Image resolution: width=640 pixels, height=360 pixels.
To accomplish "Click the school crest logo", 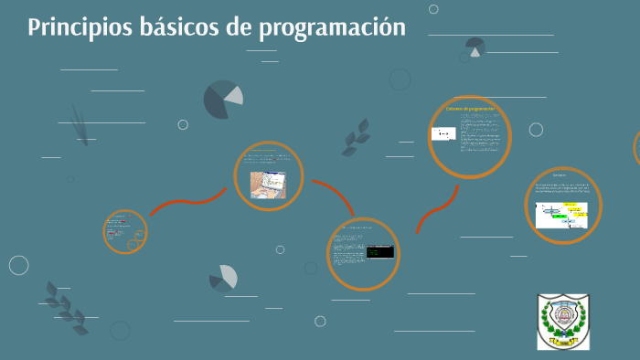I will [562, 322].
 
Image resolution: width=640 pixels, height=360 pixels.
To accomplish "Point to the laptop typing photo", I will [269, 185].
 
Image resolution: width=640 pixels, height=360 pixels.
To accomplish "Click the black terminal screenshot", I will [379, 250].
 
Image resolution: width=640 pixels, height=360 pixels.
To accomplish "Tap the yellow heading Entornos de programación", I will [469, 109].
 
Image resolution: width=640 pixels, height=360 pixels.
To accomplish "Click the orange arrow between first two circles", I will [187, 203].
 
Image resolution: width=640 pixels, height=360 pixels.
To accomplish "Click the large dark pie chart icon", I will [222, 100].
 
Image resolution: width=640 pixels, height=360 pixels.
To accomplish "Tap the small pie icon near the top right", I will [475, 47].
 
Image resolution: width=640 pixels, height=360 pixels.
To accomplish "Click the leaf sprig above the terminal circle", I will [356, 137].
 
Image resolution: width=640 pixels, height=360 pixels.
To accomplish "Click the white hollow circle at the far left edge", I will [18, 265].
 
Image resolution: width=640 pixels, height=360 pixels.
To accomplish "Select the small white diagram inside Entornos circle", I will [443, 134].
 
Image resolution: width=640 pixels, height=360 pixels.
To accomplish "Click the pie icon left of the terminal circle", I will [223, 278].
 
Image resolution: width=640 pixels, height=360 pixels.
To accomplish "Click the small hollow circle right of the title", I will [433, 9].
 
